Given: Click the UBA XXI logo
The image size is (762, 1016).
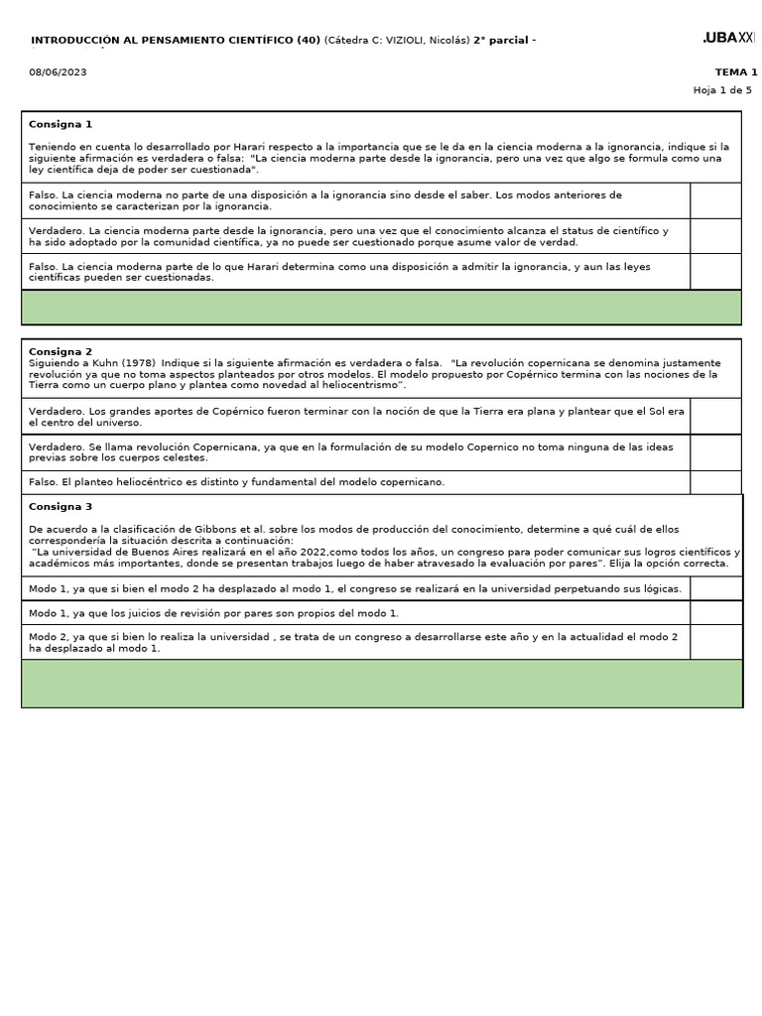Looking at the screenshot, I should pyautogui.click(x=729, y=38).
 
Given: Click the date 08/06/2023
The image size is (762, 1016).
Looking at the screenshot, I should pyautogui.click(x=58, y=72).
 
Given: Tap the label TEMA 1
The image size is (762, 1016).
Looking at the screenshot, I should pyautogui.click(x=735, y=72).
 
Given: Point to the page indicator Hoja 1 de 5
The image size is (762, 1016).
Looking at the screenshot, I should pyautogui.click(x=722, y=90).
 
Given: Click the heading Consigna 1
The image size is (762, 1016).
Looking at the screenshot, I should pyautogui.click(x=61, y=124).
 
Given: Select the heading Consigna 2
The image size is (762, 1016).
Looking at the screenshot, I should pyautogui.click(x=61, y=351).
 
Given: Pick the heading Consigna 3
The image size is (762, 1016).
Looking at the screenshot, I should pyautogui.click(x=61, y=506).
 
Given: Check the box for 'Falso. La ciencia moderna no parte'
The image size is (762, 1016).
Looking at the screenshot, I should pyautogui.click(x=715, y=200).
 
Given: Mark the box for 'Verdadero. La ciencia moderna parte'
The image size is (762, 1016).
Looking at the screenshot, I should pyautogui.click(x=715, y=236).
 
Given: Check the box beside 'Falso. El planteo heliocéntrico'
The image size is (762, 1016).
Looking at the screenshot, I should pyautogui.click(x=715, y=482).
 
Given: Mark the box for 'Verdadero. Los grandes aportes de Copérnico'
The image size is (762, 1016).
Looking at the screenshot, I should pyautogui.click(x=715, y=417).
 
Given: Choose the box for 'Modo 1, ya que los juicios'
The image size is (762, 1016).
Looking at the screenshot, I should pyautogui.click(x=715, y=613).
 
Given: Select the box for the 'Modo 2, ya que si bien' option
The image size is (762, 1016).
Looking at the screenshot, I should pyautogui.click(x=715, y=642).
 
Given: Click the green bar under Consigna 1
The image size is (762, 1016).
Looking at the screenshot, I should pyautogui.click(x=381, y=308).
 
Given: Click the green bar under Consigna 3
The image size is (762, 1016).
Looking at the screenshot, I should pyautogui.click(x=381, y=684).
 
